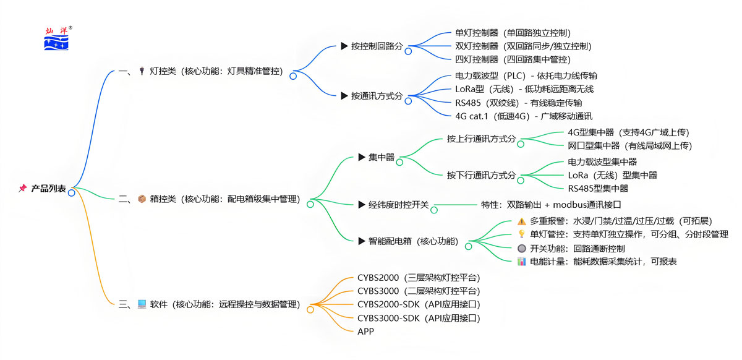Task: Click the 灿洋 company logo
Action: coord(57,38)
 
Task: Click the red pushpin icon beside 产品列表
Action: coord(22,189)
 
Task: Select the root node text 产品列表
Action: coord(49,189)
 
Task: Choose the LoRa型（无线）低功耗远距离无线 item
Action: coord(524,89)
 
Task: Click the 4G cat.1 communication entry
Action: coord(523,116)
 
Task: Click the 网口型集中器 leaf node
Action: coord(629,146)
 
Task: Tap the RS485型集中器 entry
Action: coord(598,189)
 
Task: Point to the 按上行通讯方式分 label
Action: coord(481,139)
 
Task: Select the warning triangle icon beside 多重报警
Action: coord(521,221)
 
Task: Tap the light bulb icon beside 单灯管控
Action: coord(521,234)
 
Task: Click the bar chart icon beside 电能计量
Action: coord(521,261)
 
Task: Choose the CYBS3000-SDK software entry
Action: coord(419,318)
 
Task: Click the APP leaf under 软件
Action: coord(365,332)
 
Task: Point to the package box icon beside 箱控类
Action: coord(142,199)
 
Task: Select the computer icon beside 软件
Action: coord(142,304)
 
